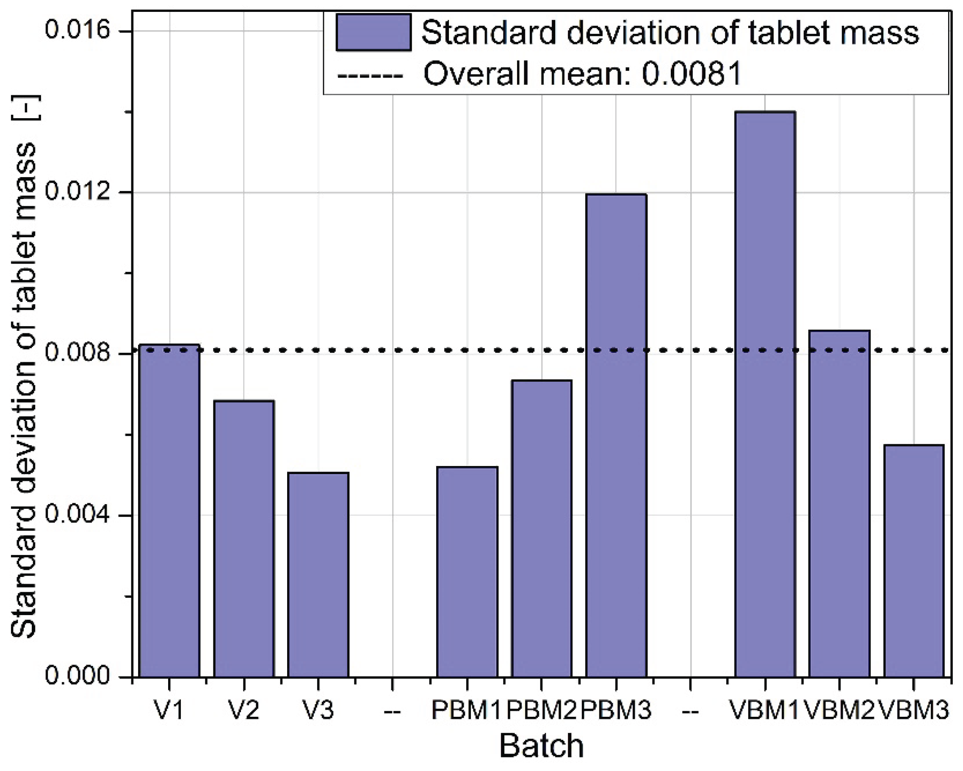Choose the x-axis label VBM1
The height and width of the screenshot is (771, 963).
[x=764, y=710]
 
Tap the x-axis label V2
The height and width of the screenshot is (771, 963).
[x=244, y=710]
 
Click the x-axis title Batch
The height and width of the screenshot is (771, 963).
[x=541, y=746]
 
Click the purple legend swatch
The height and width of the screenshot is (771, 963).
[x=374, y=32]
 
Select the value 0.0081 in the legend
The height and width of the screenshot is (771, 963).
[x=692, y=74]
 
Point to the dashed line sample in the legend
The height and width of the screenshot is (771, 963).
[x=370, y=75]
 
